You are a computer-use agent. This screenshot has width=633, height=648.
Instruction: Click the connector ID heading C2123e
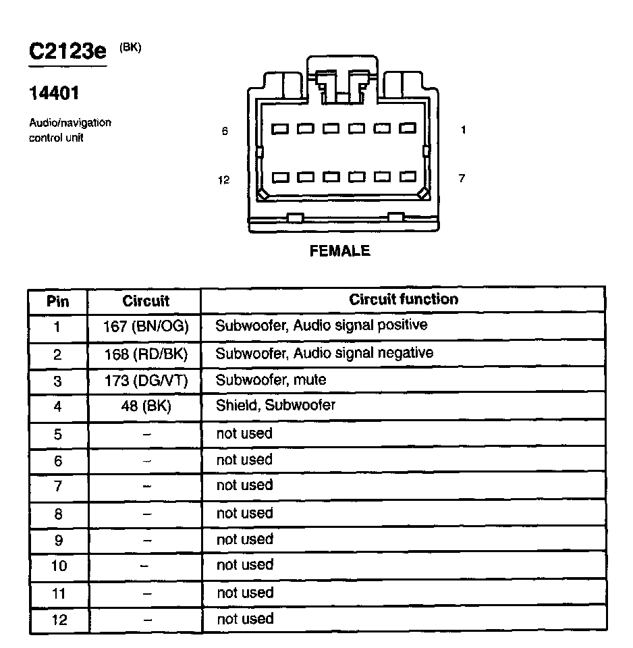click(67, 52)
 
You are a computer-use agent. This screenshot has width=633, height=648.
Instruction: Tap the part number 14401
click(54, 93)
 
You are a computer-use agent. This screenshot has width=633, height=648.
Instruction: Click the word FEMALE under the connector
click(339, 251)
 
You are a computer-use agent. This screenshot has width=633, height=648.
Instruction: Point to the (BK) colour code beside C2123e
click(130, 47)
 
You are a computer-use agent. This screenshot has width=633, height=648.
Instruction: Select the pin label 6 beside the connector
click(225, 132)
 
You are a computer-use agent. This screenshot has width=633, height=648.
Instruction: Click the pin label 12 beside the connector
click(224, 180)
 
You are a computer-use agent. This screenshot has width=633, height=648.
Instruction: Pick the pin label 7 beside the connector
click(462, 179)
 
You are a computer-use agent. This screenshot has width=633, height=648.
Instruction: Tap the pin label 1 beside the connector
click(463, 130)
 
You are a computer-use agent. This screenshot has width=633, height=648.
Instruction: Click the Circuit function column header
click(403, 299)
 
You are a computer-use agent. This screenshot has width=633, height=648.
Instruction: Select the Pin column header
click(58, 300)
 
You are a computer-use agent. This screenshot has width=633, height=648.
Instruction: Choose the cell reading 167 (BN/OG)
click(146, 327)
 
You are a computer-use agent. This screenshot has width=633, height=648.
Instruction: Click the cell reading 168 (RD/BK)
click(146, 354)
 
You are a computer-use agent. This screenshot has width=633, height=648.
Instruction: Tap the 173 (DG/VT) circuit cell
click(146, 381)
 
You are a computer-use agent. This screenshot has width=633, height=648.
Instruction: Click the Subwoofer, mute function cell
click(271, 380)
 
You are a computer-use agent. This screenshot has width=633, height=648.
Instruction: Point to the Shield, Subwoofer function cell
click(275, 406)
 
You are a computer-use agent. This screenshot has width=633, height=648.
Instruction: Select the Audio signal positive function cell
click(321, 325)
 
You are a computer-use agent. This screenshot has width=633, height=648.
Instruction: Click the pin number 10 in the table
click(59, 566)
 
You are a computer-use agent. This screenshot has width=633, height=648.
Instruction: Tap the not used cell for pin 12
click(244, 619)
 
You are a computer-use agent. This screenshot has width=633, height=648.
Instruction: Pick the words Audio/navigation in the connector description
click(70, 123)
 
